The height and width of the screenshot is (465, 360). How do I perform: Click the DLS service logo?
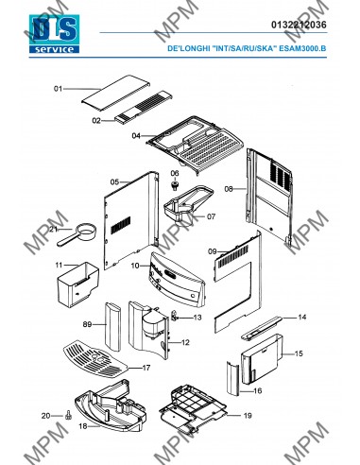tap(54, 34)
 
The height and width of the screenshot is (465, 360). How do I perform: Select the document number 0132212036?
tap(299, 25)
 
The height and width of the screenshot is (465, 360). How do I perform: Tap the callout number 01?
tap(58, 89)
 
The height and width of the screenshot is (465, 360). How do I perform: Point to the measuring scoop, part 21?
tap(77, 234)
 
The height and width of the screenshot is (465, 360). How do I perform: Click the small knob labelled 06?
tap(174, 184)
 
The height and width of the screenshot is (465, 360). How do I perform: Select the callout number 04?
tap(136, 136)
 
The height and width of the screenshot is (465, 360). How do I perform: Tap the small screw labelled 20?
tap(68, 416)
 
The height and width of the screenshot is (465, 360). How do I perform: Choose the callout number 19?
tap(248, 416)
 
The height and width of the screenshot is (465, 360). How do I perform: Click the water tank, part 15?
tap(262, 359)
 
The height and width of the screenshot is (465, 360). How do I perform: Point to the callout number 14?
tap(302, 317)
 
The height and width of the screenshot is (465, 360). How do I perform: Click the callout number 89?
tap(87, 324)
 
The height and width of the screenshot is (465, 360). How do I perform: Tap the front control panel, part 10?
tap(178, 280)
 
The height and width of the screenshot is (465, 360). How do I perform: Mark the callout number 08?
tap(229, 189)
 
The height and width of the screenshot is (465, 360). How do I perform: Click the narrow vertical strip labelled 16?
tap(233, 378)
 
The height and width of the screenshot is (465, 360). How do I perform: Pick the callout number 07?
tap(212, 216)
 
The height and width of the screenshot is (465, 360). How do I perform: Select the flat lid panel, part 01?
tap(115, 93)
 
